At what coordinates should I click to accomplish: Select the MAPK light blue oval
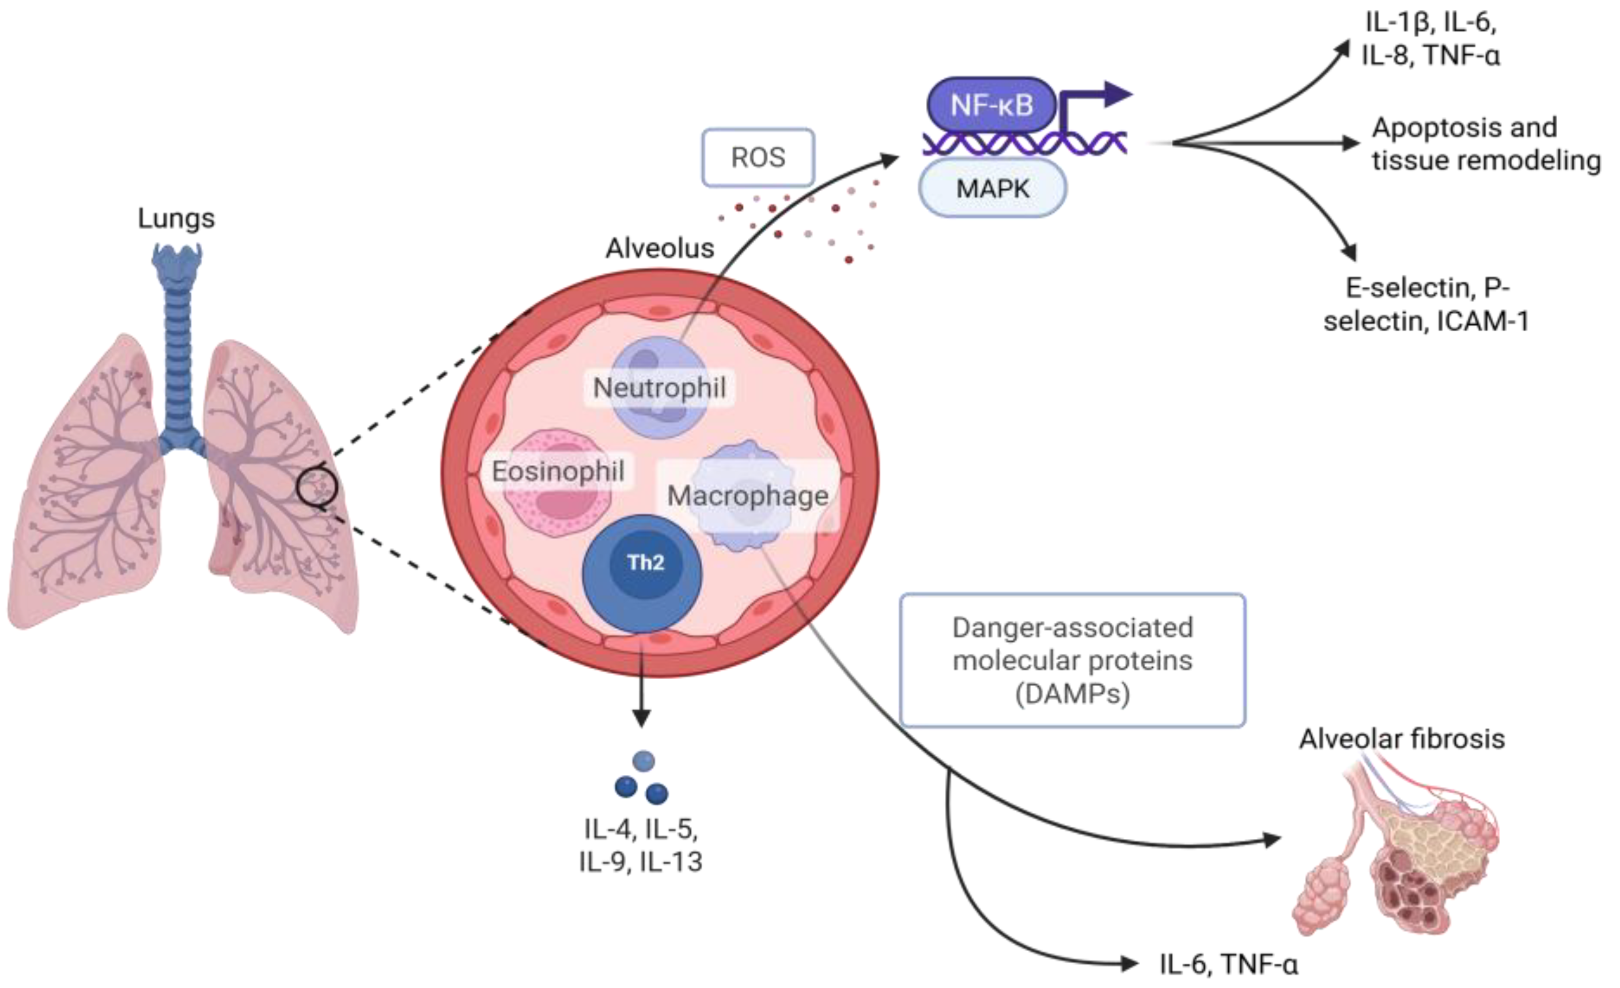[992, 188]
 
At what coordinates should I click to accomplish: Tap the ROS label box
[758, 158]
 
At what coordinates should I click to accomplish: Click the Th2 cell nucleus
[646, 563]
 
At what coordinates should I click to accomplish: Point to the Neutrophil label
[660, 388]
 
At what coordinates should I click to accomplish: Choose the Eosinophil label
[558, 471]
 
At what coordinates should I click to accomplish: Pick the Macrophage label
[748, 495]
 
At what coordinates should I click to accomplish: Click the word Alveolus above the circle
[660, 248]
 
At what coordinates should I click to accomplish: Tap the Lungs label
[176, 218]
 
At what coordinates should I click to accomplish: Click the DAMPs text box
[1072, 660]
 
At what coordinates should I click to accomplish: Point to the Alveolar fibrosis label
[1402, 740]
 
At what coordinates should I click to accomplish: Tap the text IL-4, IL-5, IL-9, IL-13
[641, 845]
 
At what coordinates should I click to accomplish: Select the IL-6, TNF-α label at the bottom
[1228, 964]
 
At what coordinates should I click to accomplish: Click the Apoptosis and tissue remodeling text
[1486, 144]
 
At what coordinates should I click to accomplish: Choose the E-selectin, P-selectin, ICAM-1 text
[1426, 304]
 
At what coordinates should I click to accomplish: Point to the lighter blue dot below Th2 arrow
[643, 761]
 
